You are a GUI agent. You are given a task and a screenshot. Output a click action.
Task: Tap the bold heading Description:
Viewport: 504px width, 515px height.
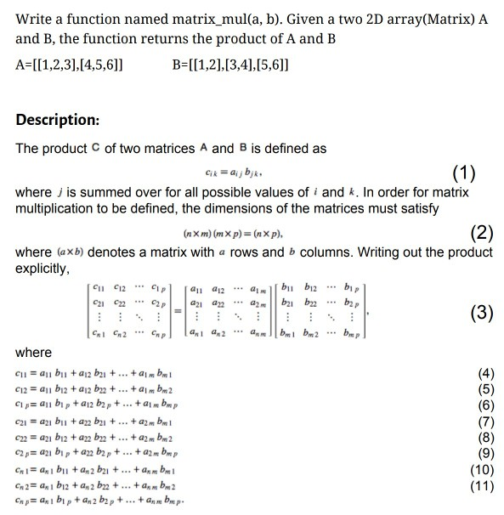point(58,118)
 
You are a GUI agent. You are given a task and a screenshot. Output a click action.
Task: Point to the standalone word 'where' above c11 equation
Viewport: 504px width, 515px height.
point(34,352)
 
